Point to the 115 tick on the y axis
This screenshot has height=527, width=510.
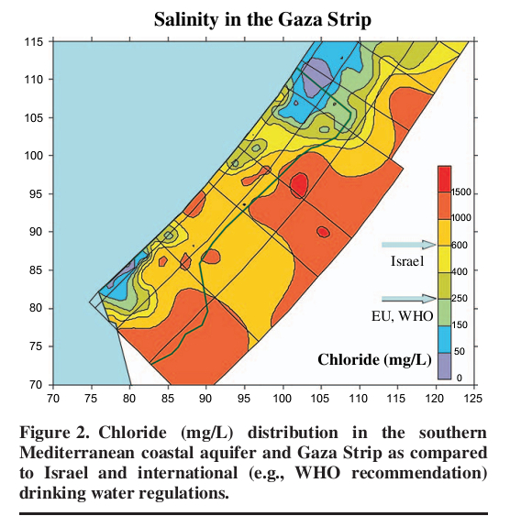click(35, 42)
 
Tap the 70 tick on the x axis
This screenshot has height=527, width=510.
click(53, 399)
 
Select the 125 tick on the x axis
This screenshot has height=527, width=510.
click(473, 399)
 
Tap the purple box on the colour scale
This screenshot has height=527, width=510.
click(443, 365)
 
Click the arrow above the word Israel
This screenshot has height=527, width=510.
click(408, 245)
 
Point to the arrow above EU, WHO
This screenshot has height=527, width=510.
click(408, 298)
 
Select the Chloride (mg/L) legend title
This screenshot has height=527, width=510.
click(373, 358)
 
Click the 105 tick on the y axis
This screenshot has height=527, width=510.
click(35, 118)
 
